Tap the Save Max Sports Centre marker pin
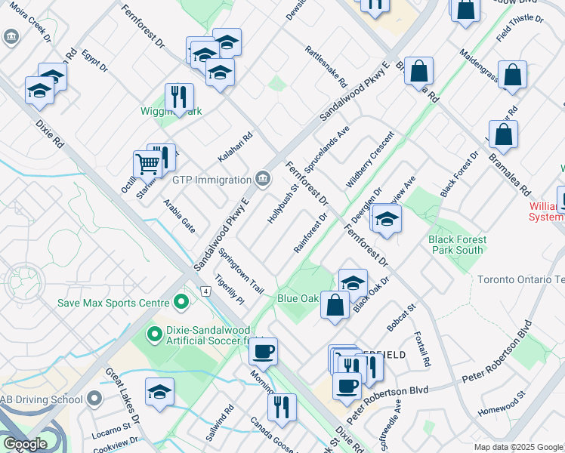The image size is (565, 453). coord(181,303)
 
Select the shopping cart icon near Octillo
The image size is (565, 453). coord(147,163)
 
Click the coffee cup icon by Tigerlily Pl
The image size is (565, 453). coord(263,351)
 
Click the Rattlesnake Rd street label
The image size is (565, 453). coord(326,66)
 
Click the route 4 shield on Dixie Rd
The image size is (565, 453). coord(205,291)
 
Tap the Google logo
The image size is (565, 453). coord(25,443)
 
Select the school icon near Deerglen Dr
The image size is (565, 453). coord(386,218)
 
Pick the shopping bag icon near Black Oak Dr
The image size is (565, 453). coord(335,305)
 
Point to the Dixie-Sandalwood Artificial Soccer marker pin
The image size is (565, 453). coord(154,333)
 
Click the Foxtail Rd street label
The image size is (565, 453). coord(422,350)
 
